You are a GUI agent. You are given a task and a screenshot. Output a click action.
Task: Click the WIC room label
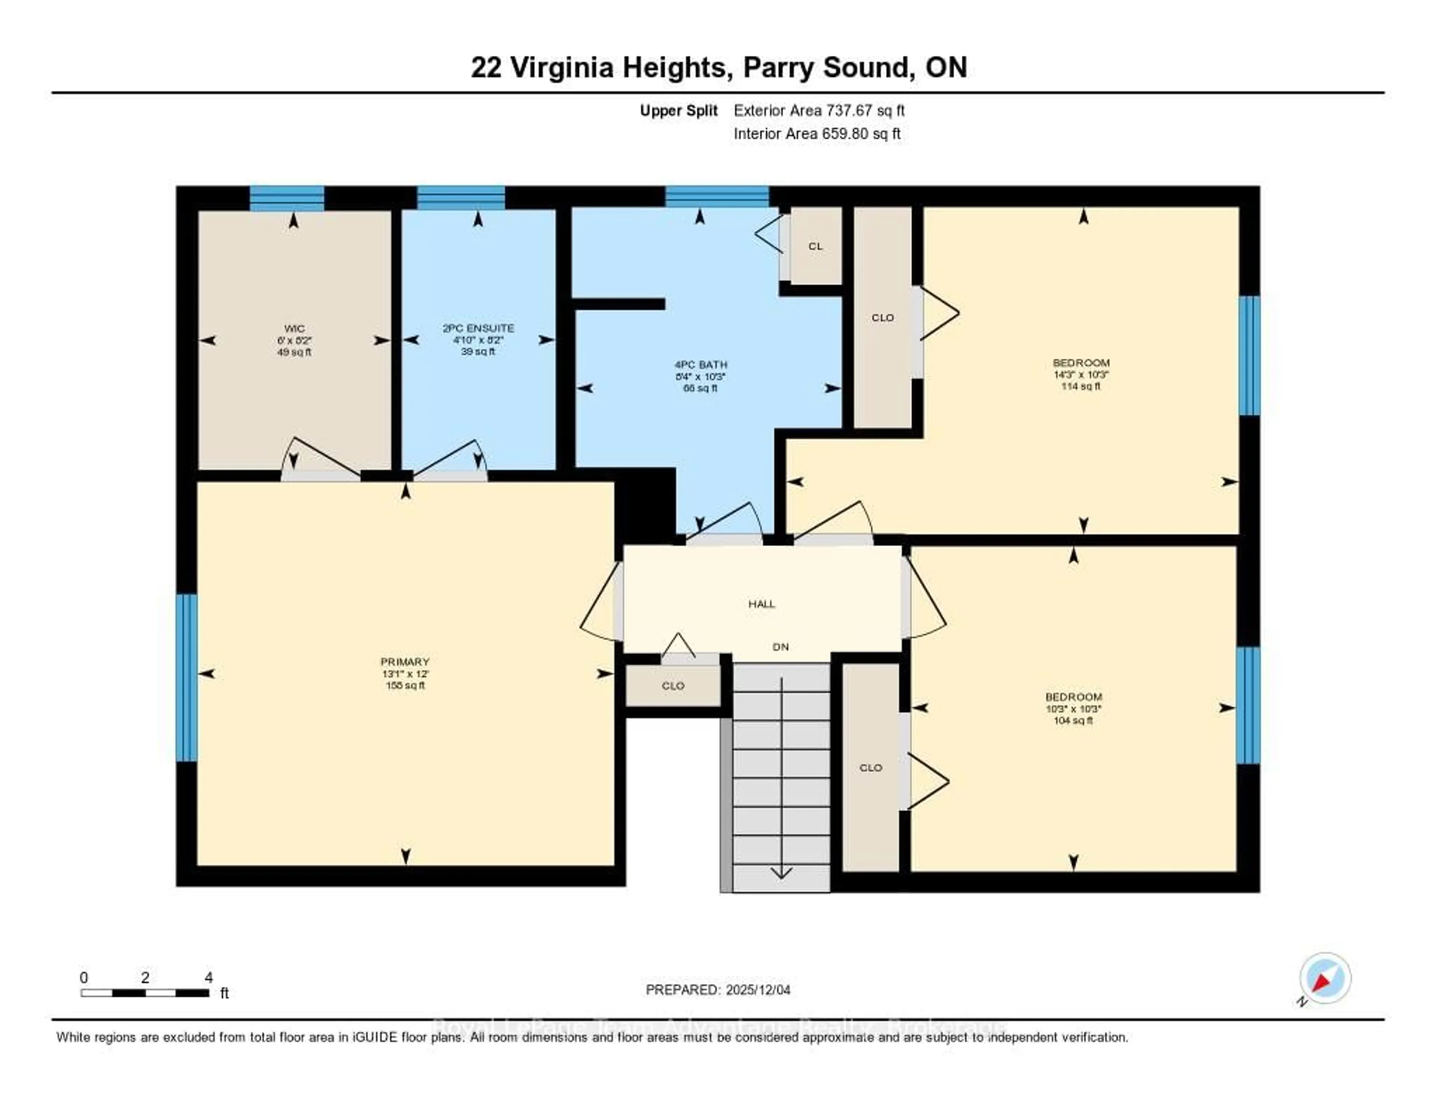(x=294, y=329)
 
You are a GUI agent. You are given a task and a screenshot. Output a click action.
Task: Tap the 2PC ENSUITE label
(x=478, y=328)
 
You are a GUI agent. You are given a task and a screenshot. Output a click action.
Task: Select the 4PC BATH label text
(x=700, y=365)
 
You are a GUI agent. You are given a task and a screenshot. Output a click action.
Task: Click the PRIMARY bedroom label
(x=405, y=662)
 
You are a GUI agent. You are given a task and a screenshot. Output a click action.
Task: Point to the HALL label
(x=761, y=603)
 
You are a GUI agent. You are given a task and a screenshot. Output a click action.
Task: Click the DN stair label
(x=780, y=647)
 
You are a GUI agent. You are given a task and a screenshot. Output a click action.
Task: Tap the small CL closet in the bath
(x=815, y=246)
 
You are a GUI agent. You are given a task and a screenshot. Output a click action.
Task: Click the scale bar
(x=145, y=993)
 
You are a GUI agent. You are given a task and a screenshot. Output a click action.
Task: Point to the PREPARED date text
(x=718, y=990)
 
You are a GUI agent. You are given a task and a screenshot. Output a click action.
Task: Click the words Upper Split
(x=679, y=110)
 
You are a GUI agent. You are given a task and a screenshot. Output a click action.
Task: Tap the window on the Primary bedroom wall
(x=187, y=677)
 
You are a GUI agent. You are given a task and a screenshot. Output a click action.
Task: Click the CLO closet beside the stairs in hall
(x=673, y=686)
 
